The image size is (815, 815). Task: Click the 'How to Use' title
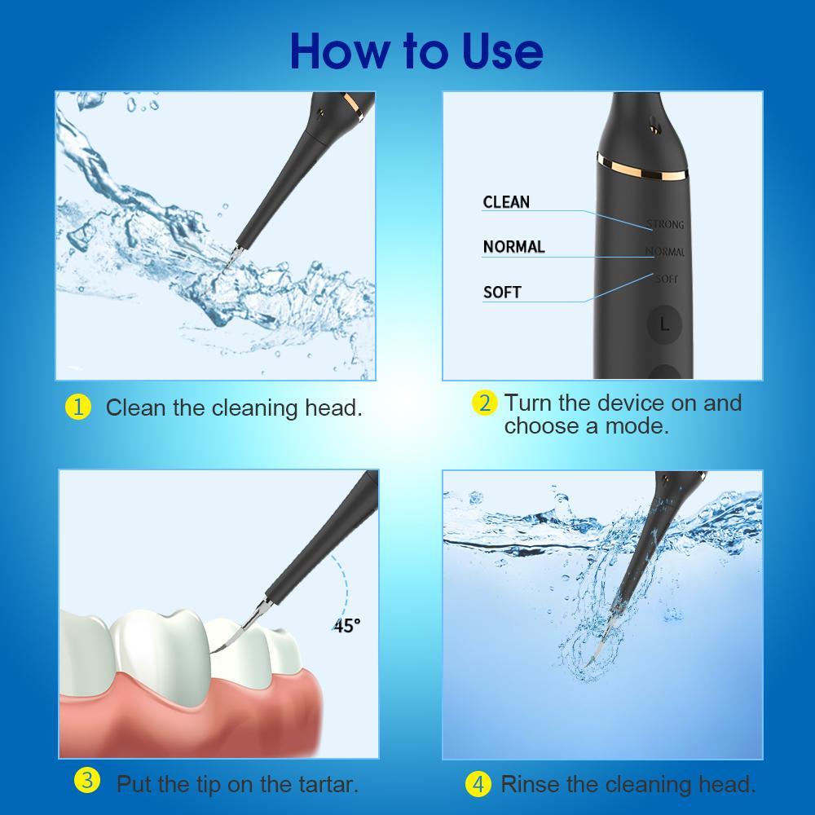(416, 51)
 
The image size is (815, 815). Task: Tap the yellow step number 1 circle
(77, 407)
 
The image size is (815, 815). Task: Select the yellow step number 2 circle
(484, 403)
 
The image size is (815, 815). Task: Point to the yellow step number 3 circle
(86, 781)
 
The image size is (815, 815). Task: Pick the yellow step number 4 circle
(478, 784)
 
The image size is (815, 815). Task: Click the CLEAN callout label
(506, 202)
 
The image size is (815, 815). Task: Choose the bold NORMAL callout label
(513, 247)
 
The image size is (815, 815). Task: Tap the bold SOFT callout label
(502, 292)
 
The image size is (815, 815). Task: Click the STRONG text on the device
(665, 224)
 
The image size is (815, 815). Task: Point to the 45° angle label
(346, 625)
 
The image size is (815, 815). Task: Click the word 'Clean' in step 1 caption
(135, 407)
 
